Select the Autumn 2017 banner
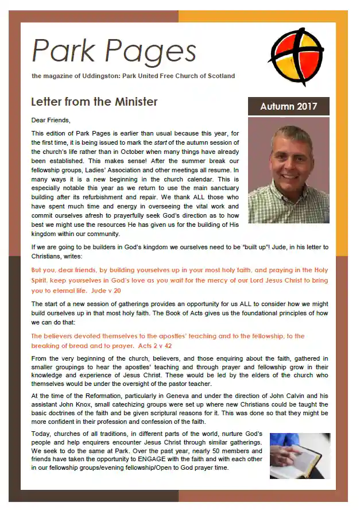click(288, 107)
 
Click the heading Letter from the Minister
click(94, 102)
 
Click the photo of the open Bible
click(300, 456)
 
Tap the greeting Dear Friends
click(51, 121)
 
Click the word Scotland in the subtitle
click(219, 76)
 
